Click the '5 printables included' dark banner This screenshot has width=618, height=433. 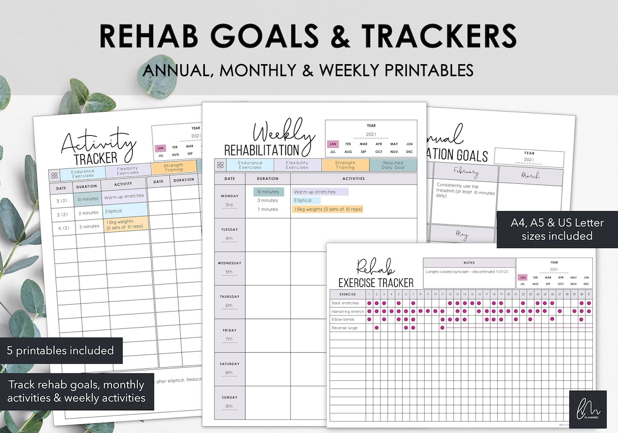coord(61,351)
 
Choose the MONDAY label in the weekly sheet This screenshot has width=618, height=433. coord(229,196)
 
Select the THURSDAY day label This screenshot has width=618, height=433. coord(229,297)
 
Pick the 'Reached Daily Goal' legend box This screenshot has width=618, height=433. coord(393,165)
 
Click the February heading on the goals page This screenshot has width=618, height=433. coord(465,172)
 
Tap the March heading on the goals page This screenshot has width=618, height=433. coord(530,175)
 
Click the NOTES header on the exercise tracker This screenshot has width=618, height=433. coord(469,262)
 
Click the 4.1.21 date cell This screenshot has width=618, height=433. coord(62,227)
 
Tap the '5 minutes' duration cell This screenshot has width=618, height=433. coord(89,226)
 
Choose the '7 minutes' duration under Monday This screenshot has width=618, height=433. coord(267,209)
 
